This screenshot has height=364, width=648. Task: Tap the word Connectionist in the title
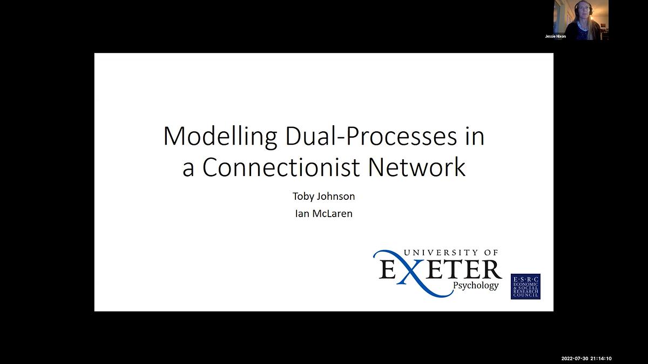pyautogui.click(x=281, y=167)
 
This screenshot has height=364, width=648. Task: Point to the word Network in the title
pyautogui.click(x=416, y=167)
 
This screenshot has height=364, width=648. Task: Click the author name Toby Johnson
pyautogui.click(x=323, y=196)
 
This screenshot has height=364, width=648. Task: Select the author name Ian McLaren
pyautogui.click(x=323, y=213)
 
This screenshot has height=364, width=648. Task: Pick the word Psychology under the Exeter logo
pyautogui.click(x=476, y=285)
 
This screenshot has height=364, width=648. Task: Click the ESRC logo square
pyautogui.click(x=525, y=286)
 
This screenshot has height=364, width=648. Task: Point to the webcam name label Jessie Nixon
pyautogui.click(x=556, y=36)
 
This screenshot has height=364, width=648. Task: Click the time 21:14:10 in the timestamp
pyautogui.click(x=601, y=359)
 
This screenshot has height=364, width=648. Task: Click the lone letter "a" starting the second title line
pyautogui.click(x=188, y=168)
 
